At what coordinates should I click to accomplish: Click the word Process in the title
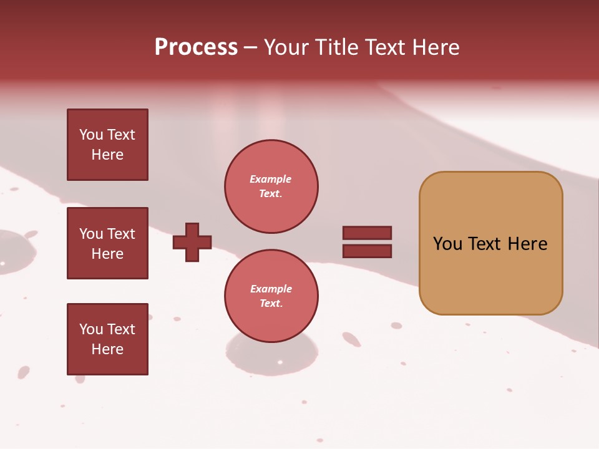click(x=196, y=47)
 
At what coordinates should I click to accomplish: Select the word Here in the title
click(x=435, y=47)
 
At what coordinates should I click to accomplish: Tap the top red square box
click(x=107, y=145)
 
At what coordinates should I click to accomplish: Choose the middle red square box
click(x=107, y=243)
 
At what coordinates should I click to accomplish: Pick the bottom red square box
click(x=107, y=339)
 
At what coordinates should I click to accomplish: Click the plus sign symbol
click(x=192, y=242)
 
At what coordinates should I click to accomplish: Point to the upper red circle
click(x=271, y=186)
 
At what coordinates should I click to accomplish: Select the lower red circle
click(x=271, y=296)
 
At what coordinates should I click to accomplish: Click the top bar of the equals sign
click(x=367, y=233)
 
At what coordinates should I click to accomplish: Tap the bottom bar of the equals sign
click(x=367, y=251)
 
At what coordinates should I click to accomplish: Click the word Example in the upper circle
click(x=271, y=179)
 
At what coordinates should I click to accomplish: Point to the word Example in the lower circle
click(x=271, y=289)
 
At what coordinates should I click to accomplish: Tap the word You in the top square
click(x=91, y=135)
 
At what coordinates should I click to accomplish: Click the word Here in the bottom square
click(x=107, y=349)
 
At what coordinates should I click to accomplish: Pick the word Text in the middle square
click(x=121, y=234)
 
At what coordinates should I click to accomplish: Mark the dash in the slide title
click(x=250, y=48)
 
